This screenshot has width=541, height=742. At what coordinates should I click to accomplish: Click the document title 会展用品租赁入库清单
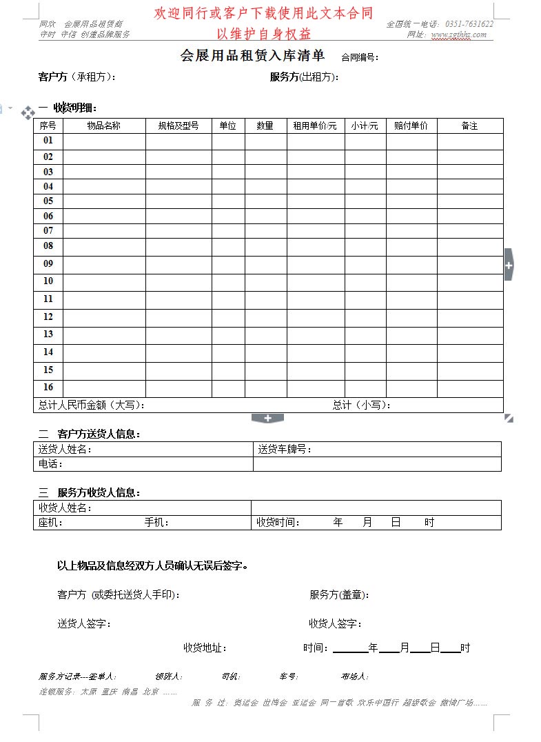(252, 57)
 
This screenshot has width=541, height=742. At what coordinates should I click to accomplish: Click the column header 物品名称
(104, 126)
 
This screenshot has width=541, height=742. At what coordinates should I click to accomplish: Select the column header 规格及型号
(178, 126)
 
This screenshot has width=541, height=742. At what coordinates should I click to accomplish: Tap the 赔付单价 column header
(411, 126)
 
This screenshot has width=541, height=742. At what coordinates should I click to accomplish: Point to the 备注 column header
(469, 126)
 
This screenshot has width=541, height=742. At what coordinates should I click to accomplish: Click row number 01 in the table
(48, 141)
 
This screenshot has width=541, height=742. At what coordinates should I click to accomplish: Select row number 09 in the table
(48, 263)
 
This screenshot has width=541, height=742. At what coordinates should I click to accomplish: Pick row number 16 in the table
(48, 387)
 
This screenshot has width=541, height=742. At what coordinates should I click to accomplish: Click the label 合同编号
(360, 58)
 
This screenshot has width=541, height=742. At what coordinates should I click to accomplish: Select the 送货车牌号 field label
(285, 450)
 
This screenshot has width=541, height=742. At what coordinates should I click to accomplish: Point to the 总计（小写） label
(361, 405)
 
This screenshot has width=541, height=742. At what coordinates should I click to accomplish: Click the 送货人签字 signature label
(84, 624)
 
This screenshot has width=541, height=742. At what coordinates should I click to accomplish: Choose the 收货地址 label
(205, 648)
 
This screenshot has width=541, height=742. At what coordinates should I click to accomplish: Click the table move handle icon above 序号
(28, 112)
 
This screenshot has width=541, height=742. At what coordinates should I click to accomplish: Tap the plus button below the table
(268, 418)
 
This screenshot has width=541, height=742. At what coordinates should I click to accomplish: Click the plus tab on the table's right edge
(509, 265)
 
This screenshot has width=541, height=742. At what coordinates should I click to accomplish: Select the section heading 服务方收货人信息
(99, 493)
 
